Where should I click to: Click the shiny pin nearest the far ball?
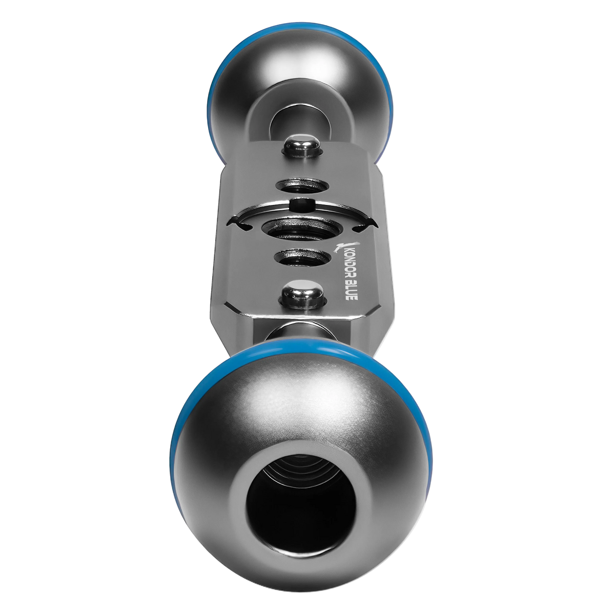click(x=301, y=146)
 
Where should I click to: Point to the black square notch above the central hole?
click(x=301, y=204)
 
